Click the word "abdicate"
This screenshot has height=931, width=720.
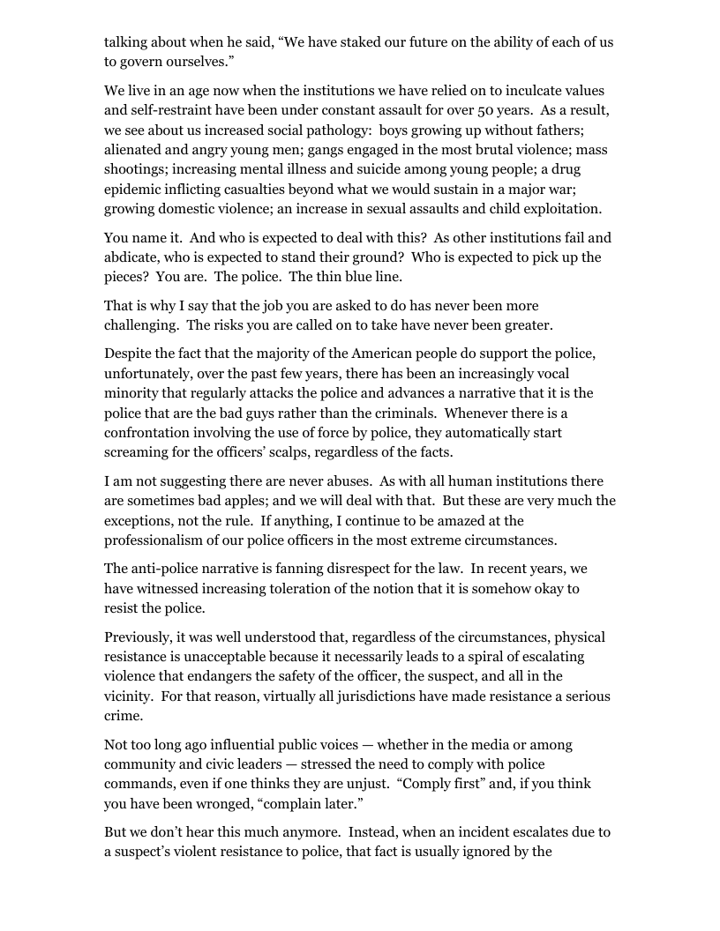[134, 257]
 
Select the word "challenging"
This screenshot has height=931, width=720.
[144, 325]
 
